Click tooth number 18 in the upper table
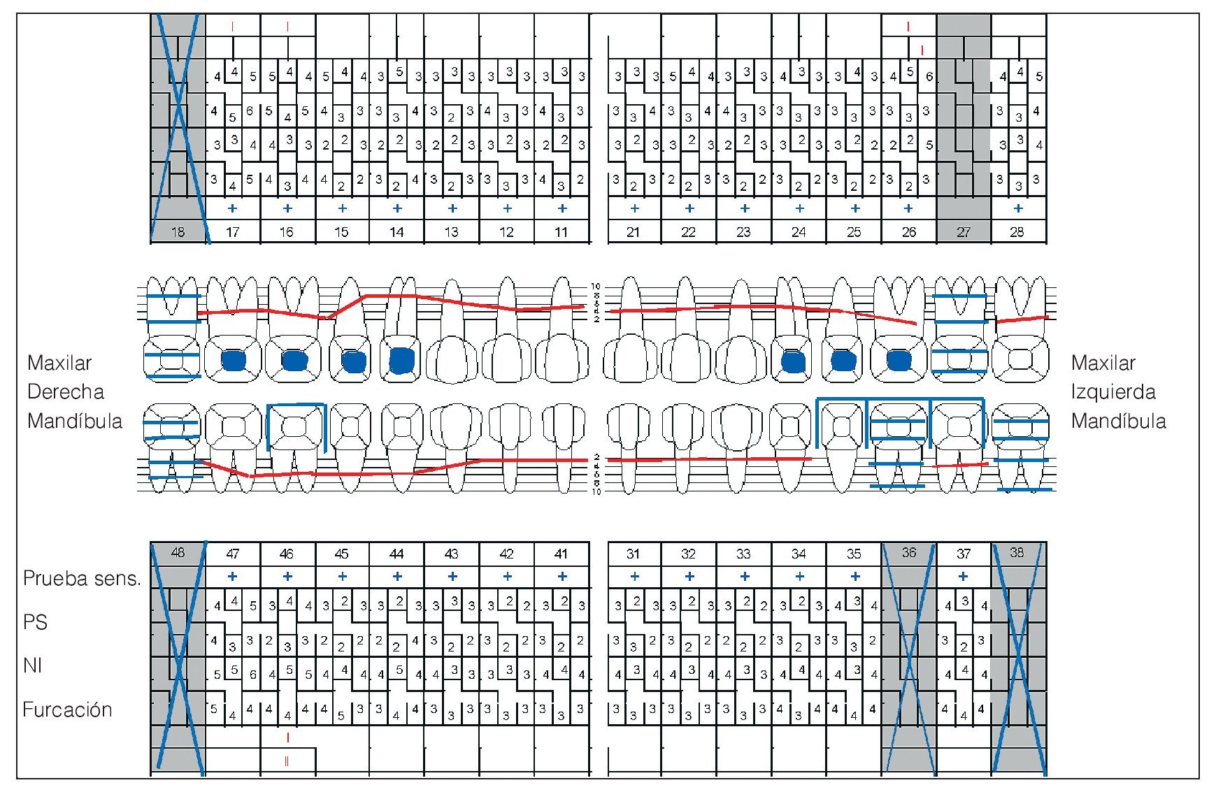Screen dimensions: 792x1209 (178, 232)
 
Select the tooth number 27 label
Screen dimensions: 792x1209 (964, 232)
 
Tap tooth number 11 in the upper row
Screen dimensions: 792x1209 (561, 232)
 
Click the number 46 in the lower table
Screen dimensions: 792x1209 (287, 554)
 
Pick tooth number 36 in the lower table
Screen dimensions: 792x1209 (908, 553)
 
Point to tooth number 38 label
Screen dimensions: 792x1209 (1017, 553)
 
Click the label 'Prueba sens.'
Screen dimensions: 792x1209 (82, 579)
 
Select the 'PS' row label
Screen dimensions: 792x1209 (35, 622)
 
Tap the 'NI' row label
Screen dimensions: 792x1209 (33, 665)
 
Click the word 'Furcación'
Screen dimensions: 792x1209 (67, 710)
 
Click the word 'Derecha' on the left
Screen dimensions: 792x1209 (65, 391)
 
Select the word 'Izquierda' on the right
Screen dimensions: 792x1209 (1113, 391)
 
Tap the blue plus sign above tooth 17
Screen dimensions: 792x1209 (232, 208)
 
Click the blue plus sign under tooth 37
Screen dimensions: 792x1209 (963, 577)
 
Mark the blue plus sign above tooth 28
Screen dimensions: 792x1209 (1018, 208)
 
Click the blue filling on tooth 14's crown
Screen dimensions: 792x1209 (401, 361)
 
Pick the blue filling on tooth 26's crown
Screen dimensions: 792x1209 (899, 361)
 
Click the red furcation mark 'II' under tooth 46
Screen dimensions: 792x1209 (287, 761)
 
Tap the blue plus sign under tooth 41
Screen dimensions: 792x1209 (562, 577)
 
